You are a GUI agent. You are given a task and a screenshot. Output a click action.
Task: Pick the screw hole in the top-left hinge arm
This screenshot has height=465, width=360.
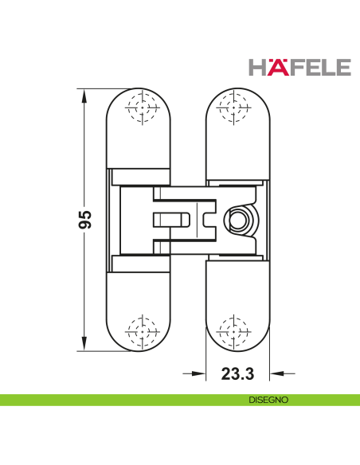click(x=140, y=109)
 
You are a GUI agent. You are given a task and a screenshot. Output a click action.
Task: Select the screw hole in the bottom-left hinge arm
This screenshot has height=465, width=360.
click(x=140, y=330)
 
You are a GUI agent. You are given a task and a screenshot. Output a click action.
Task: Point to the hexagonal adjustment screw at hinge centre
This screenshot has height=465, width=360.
click(x=238, y=220)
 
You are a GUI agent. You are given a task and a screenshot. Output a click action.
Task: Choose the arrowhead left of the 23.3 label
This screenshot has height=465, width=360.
click(x=198, y=373)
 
